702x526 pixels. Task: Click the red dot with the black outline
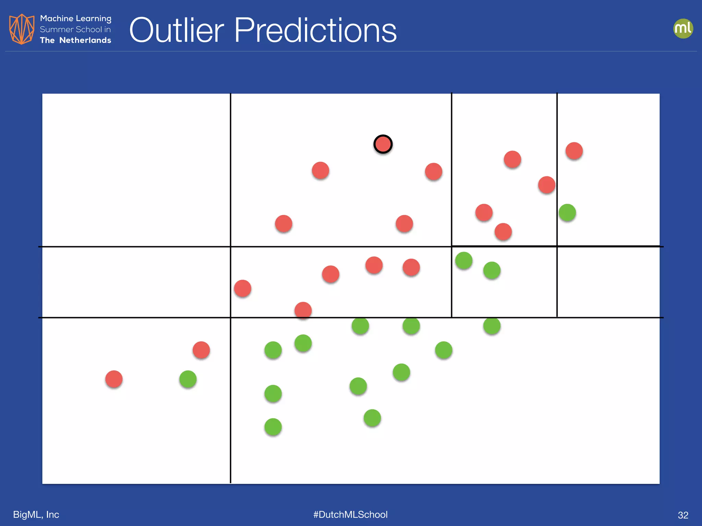383,144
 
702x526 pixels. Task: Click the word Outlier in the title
177,30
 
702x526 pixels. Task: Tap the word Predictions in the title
315,30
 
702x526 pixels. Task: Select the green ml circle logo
683,28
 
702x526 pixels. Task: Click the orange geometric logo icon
22,29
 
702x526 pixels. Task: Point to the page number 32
683,515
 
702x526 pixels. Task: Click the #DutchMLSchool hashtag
350,514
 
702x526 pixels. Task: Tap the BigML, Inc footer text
36,514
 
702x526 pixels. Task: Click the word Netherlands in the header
85,40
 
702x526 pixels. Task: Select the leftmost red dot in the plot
114,379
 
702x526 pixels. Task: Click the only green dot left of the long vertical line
188,379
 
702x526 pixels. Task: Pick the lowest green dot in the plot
273,427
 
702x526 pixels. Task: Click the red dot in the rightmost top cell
574,151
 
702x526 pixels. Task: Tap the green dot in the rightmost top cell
567,213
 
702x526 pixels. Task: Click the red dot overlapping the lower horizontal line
303,311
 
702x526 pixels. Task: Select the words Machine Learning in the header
75,18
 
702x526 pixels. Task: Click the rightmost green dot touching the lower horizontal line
492,326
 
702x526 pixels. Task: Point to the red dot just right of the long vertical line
243,288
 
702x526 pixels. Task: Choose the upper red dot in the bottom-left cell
201,350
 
